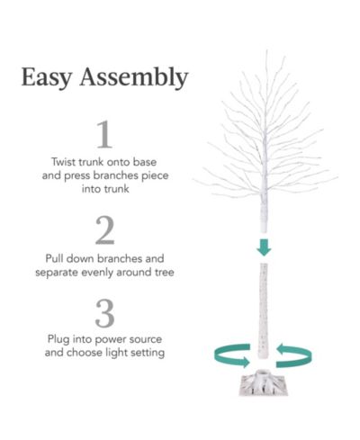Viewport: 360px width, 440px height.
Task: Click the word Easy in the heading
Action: pyautogui.click(x=47, y=77)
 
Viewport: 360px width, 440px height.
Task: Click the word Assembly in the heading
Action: pyautogui.click(x=134, y=77)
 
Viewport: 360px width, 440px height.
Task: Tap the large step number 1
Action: pyautogui.click(x=104, y=134)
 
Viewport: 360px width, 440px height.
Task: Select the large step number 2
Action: pyautogui.click(x=104, y=230)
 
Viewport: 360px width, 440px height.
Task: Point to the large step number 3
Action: pyautogui.click(x=104, y=313)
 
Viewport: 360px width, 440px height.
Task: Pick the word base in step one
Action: pyautogui.click(x=145, y=162)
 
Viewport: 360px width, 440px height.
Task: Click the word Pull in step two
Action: pyautogui.click(x=54, y=258)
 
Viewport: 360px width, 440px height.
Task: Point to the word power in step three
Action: pyautogui.click(x=108, y=340)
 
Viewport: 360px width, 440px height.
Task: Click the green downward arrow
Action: pyautogui.click(x=264, y=247)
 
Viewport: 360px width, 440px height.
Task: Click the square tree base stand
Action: pyautogui.click(x=264, y=384)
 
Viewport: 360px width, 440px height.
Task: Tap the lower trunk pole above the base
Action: pyautogui.click(x=263, y=310)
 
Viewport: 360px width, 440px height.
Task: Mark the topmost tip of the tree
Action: pyautogui.click(x=266, y=50)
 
